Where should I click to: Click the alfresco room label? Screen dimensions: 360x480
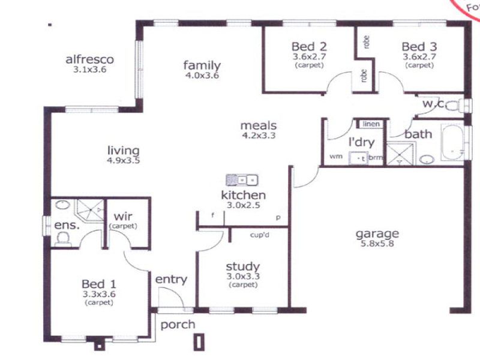[89, 59]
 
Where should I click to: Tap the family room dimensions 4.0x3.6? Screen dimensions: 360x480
[202, 76]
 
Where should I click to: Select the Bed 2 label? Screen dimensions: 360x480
[309, 46]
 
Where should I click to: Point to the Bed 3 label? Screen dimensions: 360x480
[419, 46]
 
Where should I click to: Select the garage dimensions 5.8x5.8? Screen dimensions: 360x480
[377, 245]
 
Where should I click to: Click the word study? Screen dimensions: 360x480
[242, 266]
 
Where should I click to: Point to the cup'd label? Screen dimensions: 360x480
[259, 235]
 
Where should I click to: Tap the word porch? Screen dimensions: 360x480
[178, 325]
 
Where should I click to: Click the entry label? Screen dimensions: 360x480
[171, 279]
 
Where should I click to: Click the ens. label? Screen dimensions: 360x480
[63, 225]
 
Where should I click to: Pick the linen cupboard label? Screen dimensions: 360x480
[370, 124]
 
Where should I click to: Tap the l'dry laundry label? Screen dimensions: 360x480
[361, 142]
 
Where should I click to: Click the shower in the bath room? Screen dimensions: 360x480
[397, 154]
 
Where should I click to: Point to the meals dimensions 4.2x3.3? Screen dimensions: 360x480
[258, 136]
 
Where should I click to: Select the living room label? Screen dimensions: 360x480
[123, 151]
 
